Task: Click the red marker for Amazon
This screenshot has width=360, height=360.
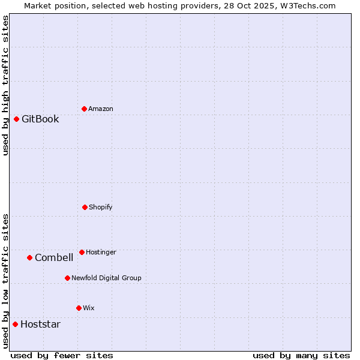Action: point(84,109)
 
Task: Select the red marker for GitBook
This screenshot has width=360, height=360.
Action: point(16,119)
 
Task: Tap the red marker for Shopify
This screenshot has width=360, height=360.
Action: point(85,207)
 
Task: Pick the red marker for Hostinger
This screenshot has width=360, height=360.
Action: point(82,252)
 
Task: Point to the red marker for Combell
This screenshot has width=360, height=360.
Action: point(29,257)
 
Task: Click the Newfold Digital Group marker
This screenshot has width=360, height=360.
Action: point(67,278)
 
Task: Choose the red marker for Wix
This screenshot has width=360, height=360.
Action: point(79,308)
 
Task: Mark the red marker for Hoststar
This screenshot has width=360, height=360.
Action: point(15,324)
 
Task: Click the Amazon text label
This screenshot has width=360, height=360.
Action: point(101,109)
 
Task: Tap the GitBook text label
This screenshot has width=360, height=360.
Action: point(40,119)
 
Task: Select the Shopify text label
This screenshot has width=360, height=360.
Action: point(101,207)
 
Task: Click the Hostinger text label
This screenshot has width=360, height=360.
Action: point(101,252)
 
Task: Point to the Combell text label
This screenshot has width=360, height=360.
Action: point(54,257)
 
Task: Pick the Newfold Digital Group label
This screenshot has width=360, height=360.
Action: point(106,278)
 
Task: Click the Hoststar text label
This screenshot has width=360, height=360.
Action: point(40,324)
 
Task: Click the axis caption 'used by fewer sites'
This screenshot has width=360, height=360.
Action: point(62,355)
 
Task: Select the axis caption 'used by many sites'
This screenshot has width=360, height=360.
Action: point(301,355)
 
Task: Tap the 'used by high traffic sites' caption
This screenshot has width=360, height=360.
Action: point(6,85)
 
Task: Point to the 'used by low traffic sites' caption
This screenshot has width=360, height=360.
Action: point(6,281)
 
